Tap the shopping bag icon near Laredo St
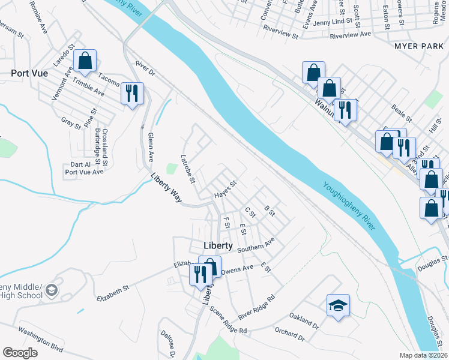[x=85, y=61]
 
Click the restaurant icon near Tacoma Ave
[x=132, y=93]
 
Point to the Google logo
[x=20, y=352]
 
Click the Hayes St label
[x=226, y=190]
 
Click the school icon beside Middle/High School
[x=51, y=290]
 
